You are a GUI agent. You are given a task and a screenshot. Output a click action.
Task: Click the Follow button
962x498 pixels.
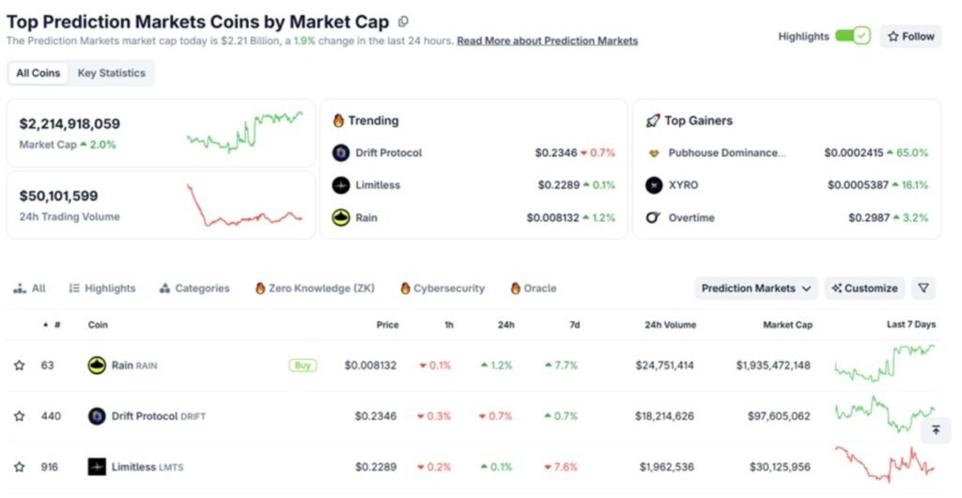coord(910,37)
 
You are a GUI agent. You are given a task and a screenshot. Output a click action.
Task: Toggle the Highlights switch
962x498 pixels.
coord(852,37)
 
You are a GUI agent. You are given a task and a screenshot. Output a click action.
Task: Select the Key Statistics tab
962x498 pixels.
coord(111,73)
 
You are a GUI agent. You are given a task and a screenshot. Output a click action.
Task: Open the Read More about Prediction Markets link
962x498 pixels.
coord(547,41)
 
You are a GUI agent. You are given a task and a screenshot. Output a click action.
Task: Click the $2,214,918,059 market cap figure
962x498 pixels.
coord(70,124)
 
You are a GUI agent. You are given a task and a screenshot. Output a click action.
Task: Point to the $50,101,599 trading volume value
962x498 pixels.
coord(58,196)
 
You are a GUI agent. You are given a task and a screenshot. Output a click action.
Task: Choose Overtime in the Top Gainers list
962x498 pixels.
coord(691,218)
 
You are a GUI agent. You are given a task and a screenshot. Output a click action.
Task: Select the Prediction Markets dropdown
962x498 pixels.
coord(756,288)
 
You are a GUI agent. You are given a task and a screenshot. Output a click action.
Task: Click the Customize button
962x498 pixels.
coord(864,288)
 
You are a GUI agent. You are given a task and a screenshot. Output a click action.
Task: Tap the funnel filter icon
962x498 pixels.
coord(923,288)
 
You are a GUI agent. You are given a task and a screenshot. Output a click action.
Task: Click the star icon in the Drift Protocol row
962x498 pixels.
coord(19,416)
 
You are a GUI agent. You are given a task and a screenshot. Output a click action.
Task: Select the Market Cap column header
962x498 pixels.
coord(787,325)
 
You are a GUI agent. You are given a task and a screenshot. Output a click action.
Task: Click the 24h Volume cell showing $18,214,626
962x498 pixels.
coord(664,416)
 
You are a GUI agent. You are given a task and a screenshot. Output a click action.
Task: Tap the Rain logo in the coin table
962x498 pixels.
coord(97,366)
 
